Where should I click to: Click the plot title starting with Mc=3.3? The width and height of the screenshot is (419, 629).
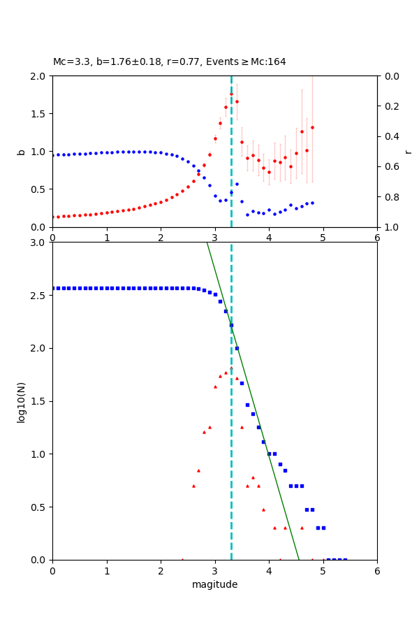pos(169,62)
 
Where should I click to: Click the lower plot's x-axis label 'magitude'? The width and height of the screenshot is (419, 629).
pos(214,584)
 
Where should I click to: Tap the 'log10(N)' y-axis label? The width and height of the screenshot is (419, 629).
pos(21,401)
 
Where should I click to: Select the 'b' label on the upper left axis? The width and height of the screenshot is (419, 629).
pos(21,152)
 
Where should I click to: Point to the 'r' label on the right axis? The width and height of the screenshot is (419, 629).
pos(409,152)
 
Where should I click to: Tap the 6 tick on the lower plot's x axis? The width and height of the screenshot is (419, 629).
pos(377,570)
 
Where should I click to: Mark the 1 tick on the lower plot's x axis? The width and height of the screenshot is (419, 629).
pos(107,570)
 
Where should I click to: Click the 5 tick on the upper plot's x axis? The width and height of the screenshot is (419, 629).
pos(323,238)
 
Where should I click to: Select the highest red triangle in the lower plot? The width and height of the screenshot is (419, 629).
pos(231,368)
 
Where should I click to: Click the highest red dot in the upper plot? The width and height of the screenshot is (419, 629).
pos(231,94)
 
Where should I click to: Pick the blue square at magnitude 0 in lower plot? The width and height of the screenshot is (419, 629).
pos(53,288)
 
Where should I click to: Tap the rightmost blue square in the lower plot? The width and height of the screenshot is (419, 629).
pos(344,559)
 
